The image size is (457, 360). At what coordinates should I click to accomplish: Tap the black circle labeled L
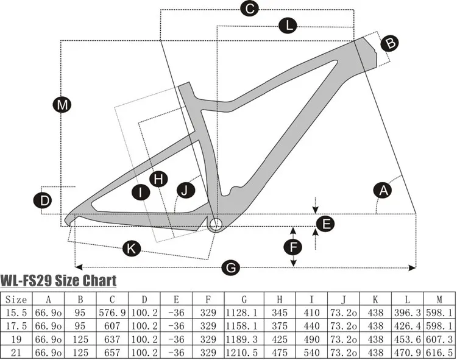pyautogui.click(x=288, y=26)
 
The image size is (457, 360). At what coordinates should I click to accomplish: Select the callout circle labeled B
pyautogui.click(x=390, y=43)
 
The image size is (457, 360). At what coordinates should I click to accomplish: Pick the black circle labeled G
pyautogui.click(x=231, y=267)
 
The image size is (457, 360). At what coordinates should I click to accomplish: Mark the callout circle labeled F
pyautogui.click(x=294, y=247)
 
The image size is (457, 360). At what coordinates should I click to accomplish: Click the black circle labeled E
pyautogui.click(x=327, y=224)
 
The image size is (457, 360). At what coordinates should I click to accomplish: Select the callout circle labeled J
pyautogui.click(x=185, y=190)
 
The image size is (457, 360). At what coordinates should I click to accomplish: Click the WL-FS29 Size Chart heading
pyautogui.click(x=58, y=281)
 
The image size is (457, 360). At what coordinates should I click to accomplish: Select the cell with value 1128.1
pyautogui.click(x=244, y=313)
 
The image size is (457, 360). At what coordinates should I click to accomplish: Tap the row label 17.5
pyautogui.click(x=16, y=326)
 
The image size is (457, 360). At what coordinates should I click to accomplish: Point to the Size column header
pyautogui.click(x=16, y=299)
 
